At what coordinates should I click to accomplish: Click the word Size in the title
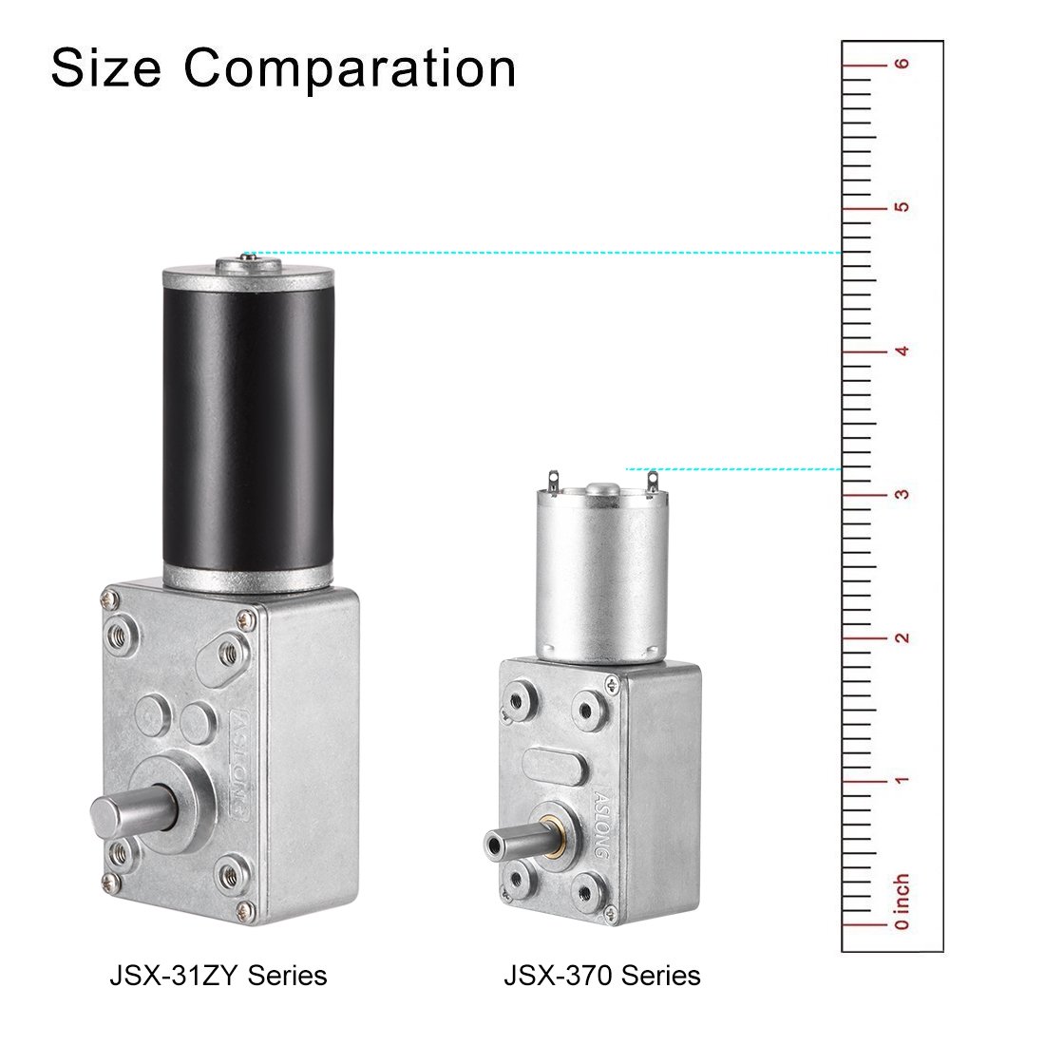106,68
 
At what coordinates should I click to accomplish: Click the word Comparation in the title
350,68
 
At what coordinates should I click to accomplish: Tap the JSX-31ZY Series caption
218,976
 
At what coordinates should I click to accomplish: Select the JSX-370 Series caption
601,976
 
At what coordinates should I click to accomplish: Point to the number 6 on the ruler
901,64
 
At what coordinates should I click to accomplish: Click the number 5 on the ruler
901,206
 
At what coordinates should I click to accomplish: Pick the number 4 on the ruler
901,351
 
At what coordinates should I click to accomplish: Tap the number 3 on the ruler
901,494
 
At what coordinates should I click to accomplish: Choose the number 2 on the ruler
901,637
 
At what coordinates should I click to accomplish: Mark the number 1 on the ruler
901,780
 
